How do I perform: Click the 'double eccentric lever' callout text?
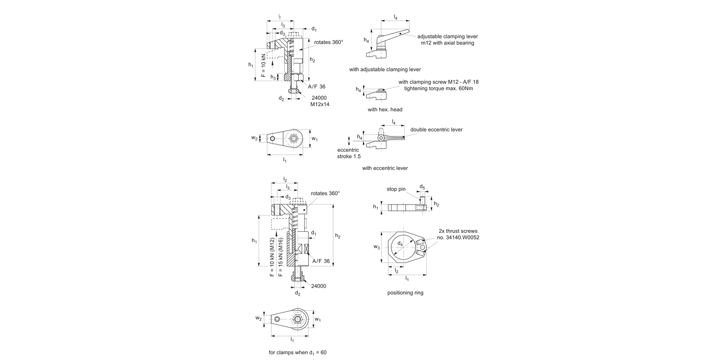[x=436, y=130]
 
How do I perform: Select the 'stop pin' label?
[x=396, y=189]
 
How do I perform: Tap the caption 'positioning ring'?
[x=405, y=292]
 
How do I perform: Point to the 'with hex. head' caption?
[x=385, y=109]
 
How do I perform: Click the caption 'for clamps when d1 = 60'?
[x=298, y=352]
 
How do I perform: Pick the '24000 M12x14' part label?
[x=319, y=101]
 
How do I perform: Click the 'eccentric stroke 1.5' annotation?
[x=349, y=153]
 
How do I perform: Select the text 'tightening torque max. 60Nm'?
[x=439, y=89]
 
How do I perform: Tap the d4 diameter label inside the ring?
[x=400, y=244]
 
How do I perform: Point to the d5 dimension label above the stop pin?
[x=422, y=187]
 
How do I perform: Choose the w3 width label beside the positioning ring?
[x=377, y=247]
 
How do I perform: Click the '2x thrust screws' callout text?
[x=458, y=231]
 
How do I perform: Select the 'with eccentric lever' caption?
[x=385, y=168]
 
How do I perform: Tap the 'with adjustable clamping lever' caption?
[x=385, y=70]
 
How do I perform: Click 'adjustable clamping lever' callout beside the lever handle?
[x=447, y=36]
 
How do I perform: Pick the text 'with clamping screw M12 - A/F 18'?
[x=438, y=82]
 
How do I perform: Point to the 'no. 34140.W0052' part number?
[x=458, y=238]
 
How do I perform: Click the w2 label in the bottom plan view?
[x=258, y=318]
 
